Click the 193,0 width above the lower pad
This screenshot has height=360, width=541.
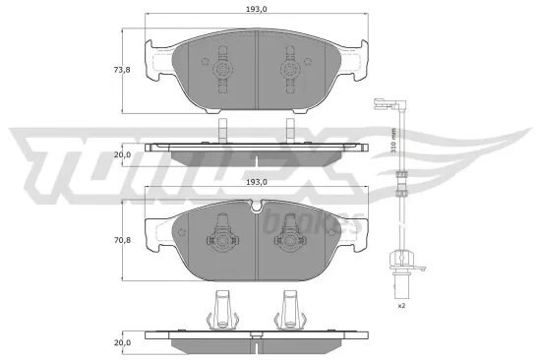256,182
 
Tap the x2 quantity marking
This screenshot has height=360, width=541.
401,307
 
